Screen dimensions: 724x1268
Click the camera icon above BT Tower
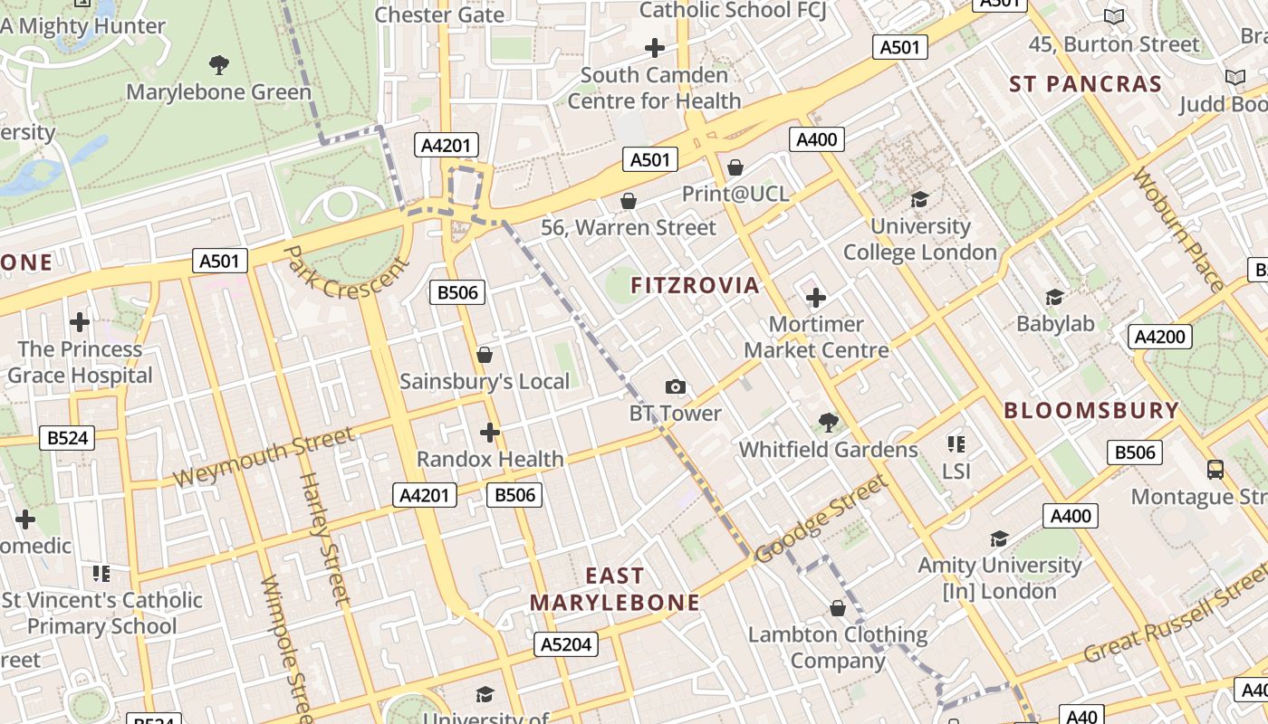tap(675, 387)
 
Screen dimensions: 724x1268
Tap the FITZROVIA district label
tap(695, 286)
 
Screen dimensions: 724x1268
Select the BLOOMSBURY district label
tap(1091, 410)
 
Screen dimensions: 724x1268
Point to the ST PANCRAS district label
tap(1085, 84)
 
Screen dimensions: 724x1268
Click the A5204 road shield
tap(567, 644)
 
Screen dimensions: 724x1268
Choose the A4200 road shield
tap(1159, 338)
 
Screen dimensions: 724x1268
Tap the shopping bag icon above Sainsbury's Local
tap(485, 355)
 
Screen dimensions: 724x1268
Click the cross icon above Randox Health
tap(490, 433)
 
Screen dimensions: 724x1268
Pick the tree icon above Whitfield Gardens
tap(828, 422)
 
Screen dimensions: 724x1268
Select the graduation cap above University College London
tap(919, 199)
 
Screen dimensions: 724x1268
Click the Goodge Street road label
tap(821, 520)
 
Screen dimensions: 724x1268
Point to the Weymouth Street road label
tap(263, 457)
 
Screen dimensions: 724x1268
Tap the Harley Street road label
tap(323, 538)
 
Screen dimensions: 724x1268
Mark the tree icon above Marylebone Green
tap(218, 65)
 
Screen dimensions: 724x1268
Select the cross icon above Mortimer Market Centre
tap(815, 297)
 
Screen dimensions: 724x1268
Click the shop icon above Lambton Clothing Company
tap(838, 608)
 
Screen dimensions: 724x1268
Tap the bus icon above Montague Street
tap(1215, 470)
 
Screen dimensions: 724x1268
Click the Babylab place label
tap(1055, 324)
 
